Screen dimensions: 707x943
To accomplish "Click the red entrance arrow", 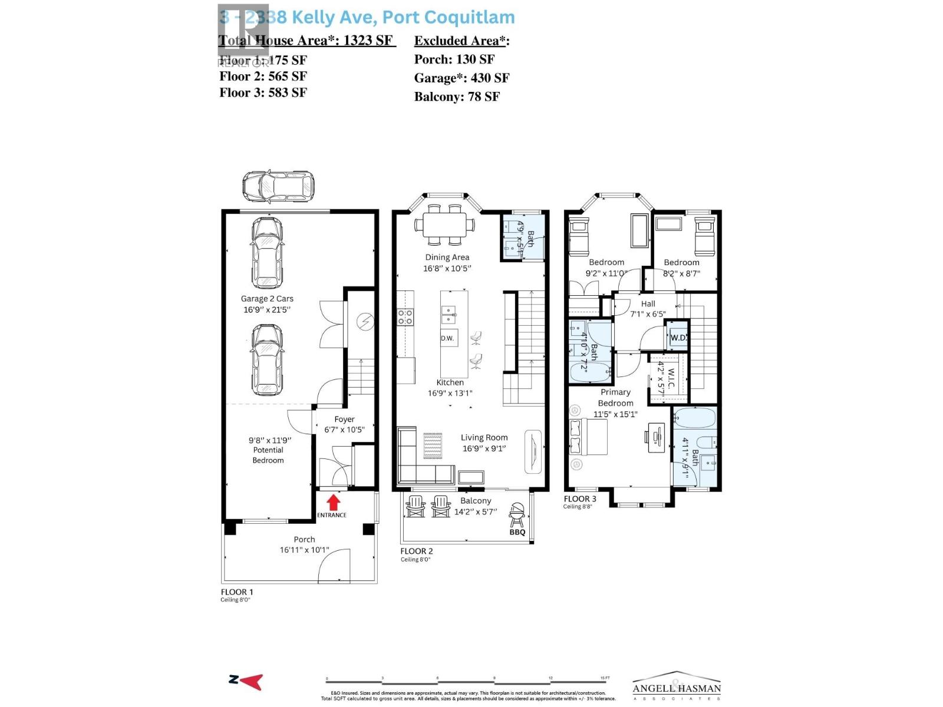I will pos(333,502).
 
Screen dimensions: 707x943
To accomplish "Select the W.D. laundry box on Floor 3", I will pos(678,338).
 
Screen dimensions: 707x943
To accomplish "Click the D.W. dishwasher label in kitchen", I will pos(448,338).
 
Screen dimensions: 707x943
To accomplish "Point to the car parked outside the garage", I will pos(278,186).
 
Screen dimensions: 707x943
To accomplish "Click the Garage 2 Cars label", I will pos(267,299).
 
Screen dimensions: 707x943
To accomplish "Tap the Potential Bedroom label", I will pos(268,455).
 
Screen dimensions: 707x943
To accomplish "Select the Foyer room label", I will pos(345,419).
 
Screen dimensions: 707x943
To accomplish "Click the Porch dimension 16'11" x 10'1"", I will pos(304,550).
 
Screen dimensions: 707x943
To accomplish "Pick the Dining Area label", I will pos(447,257).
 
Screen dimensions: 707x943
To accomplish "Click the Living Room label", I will pos(484,437).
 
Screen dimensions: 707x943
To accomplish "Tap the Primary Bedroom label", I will pos(615,398).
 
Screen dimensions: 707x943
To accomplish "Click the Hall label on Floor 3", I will pos(648,304).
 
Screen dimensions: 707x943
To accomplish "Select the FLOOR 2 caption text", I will pos(417,551).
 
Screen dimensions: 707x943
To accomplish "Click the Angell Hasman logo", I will pos(677,687).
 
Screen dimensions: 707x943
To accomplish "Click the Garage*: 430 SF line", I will pos(461,78).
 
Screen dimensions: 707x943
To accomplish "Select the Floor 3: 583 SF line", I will pos(263,92).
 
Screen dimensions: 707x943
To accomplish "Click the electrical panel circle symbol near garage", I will pos(365,322).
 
